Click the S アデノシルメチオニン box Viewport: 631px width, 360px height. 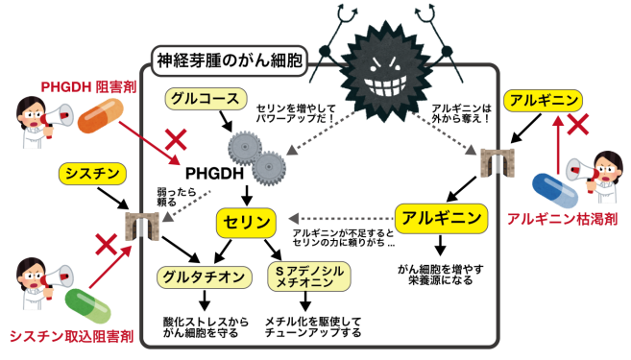[304, 276]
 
